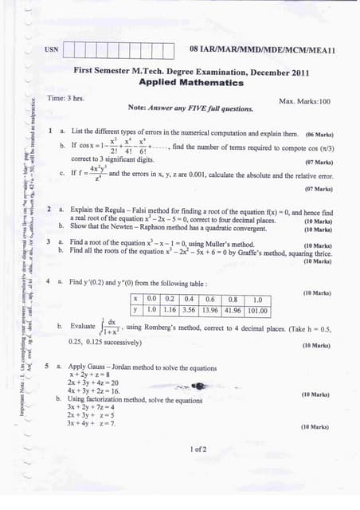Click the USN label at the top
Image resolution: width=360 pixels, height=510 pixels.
[x=52, y=49]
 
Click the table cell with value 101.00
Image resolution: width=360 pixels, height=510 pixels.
[x=257, y=310]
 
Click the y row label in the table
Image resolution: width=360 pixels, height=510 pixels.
[x=136, y=310]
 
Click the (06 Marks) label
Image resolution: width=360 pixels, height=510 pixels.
[x=319, y=134]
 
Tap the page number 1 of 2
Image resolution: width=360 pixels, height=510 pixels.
[x=198, y=449]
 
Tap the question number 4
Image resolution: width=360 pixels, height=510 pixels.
[x=49, y=282]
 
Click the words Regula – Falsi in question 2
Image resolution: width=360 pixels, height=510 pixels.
[x=123, y=212]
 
